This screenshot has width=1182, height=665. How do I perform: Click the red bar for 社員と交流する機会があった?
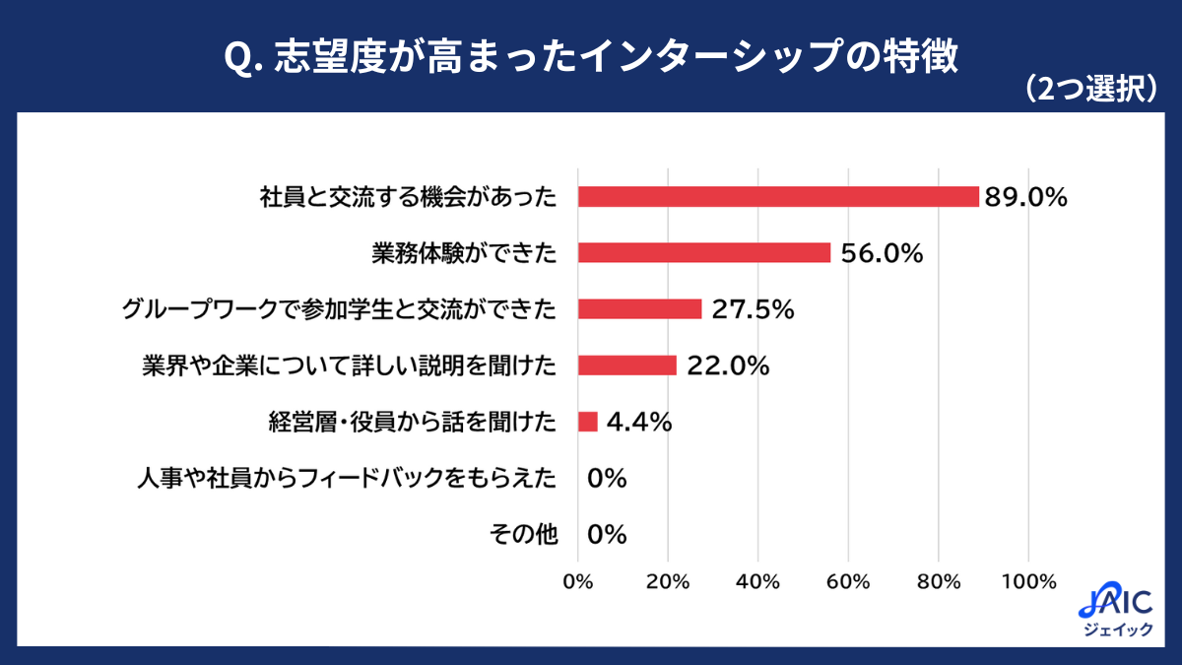point(778,196)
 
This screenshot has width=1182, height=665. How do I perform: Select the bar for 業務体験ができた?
point(703,253)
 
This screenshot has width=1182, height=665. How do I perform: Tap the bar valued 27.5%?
point(639,309)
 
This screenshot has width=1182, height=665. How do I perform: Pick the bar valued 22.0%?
point(626,366)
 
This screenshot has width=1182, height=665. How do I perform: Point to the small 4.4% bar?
point(587,422)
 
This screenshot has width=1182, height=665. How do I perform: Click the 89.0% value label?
point(1025,197)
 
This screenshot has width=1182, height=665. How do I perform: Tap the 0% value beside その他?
point(607,535)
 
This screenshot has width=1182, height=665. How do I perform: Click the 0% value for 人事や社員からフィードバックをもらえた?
point(607,479)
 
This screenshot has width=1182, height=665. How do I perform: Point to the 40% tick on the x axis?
point(758,581)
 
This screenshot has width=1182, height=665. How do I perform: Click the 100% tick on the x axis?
point(1028,581)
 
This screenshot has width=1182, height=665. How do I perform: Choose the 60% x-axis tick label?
point(848,581)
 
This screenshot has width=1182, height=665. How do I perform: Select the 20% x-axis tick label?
point(668,581)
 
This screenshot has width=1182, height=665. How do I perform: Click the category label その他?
point(523,535)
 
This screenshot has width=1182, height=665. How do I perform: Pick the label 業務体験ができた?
point(464,253)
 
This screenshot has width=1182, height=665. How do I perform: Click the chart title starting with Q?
point(590,57)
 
